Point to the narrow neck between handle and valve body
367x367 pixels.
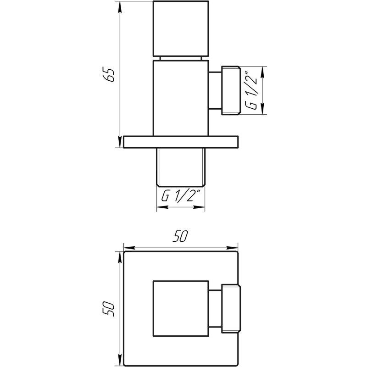pos(181,57)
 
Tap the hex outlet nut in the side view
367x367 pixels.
pos(231,90)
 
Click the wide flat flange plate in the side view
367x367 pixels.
pos(181,141)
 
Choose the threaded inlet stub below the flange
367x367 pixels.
pos(181,165)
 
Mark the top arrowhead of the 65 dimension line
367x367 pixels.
pos(119,6)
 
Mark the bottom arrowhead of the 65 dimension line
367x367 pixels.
pos(119,144)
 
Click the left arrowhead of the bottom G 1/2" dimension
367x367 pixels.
pos(161,207)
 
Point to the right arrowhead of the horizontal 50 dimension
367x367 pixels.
pos(235,248)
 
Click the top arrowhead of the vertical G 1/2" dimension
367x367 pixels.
pos(262,70)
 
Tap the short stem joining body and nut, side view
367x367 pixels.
pos(215,90)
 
